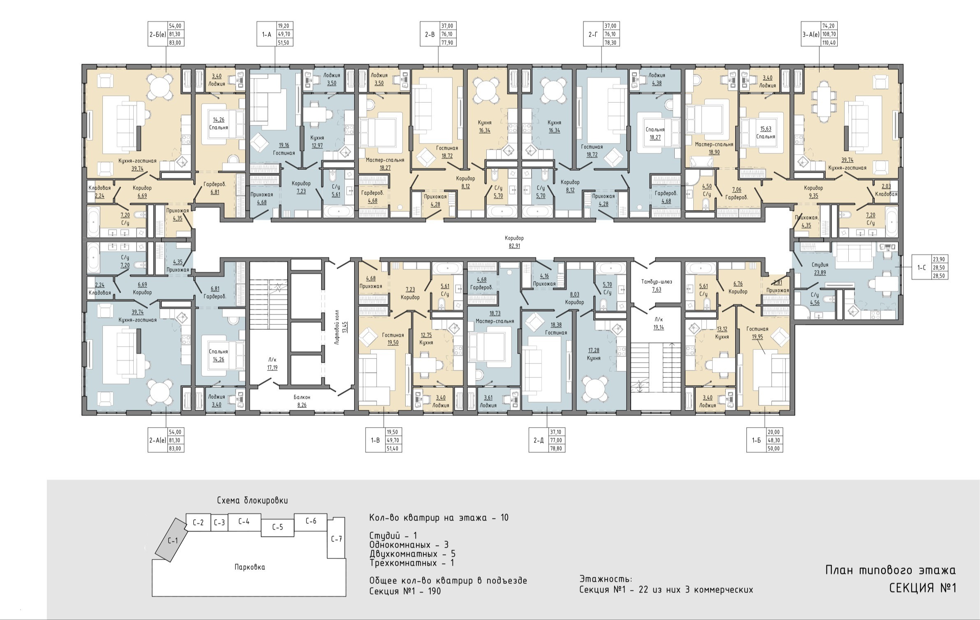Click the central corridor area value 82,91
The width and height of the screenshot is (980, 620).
coord(514,246)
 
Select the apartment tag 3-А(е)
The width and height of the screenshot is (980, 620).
coord(810,35)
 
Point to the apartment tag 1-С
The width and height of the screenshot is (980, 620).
coord(922,268)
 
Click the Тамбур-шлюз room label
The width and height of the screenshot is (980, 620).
coord(657,282)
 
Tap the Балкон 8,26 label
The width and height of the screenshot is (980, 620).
coord(302,401)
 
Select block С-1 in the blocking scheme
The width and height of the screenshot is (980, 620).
coord(172,540)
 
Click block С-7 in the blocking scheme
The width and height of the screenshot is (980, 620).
coord(337,538)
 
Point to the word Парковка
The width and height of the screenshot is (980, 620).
coord(250,567)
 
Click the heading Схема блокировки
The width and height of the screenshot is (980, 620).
coord(252,500)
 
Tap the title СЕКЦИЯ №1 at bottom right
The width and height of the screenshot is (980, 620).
coord(923,588)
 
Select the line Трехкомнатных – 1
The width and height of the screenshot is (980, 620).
coord(412,563)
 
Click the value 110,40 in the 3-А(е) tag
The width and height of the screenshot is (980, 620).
coord(829,42)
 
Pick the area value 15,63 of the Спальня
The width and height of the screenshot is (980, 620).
coord(766,129)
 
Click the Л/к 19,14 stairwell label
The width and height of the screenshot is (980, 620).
coord(659,324)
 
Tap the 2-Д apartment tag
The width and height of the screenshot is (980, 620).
coord(539,440)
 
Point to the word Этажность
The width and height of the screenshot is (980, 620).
coord(606,579)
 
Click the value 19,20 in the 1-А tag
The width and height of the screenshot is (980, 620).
coord(283,25)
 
